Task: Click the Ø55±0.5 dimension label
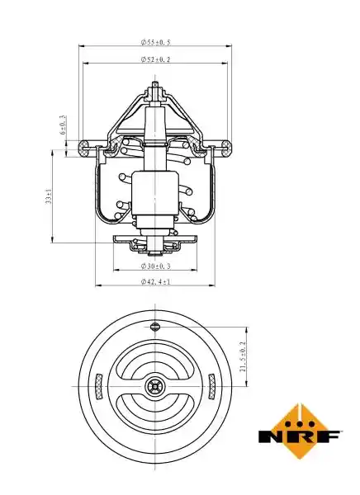click(155, 42)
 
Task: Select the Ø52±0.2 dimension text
click(155, 59)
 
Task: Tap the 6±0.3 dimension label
click(63, 125)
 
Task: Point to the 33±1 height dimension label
click(49, 196)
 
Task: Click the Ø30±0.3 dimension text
click(155, 266)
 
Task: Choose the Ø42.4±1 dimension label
click(155, 281)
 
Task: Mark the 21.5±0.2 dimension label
click(243, 356)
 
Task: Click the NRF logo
click(299, 431)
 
